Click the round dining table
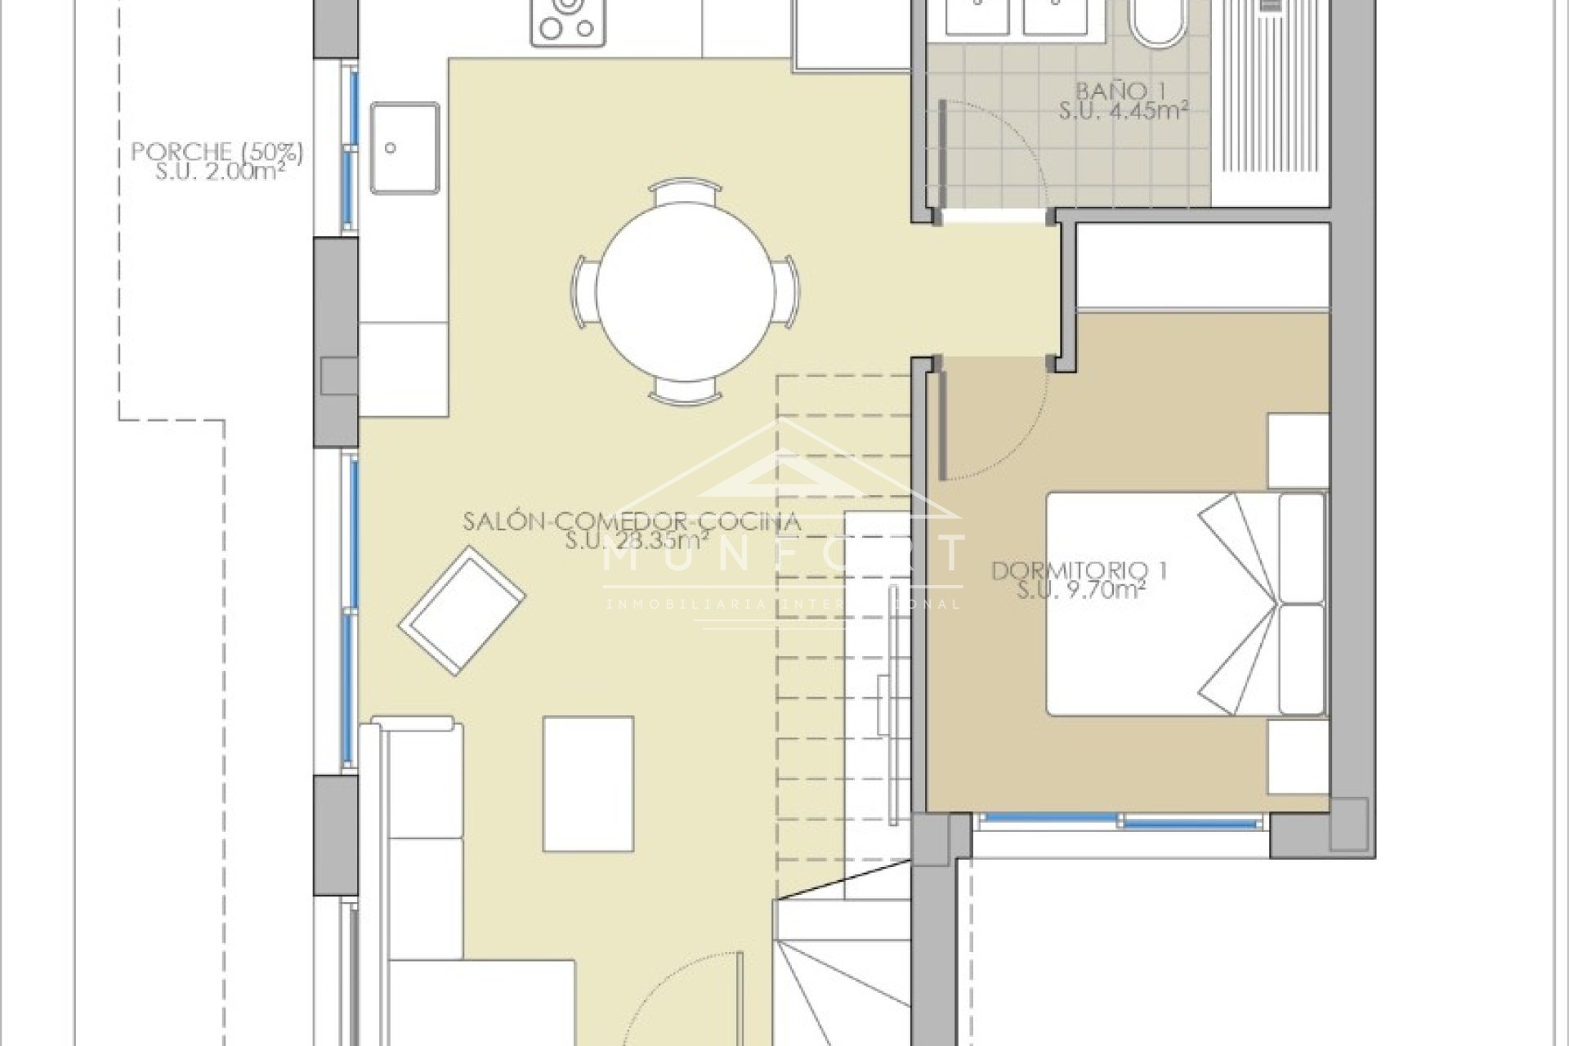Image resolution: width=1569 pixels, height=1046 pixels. click(x=686, y=292)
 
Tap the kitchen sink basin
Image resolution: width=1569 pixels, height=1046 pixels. click(x=405, y=147)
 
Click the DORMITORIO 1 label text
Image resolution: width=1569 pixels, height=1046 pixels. click(x=1080, y=570)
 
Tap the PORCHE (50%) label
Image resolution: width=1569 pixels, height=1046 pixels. click(x=217, y=152)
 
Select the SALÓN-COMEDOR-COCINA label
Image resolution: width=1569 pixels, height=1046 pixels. click(x=631, y=521)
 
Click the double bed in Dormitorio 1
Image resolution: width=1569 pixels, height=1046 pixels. click(x=1185, y=604)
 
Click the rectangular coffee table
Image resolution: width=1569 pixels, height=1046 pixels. click(x=588, y=784)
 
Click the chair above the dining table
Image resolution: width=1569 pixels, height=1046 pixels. click(x=686, y=193)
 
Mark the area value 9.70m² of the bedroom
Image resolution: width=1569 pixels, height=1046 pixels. click(x=1080, y=590)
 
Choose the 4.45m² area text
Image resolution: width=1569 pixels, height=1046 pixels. click(x=1123, y=111)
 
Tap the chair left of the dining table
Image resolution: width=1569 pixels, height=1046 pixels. click(x=585, y=292)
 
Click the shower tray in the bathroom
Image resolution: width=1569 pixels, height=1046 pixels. click(x=1272, y=102)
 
